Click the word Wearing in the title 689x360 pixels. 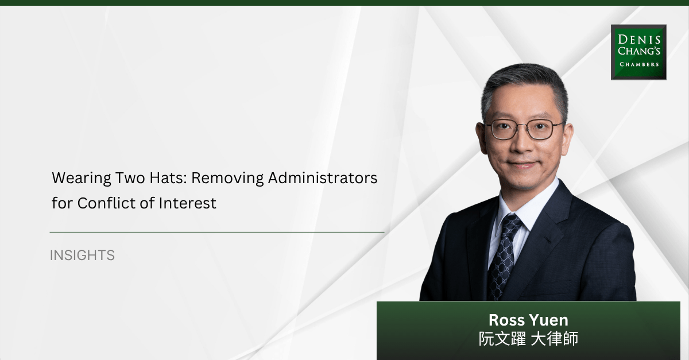81,179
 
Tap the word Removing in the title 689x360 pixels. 227,179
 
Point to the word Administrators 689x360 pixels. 323,178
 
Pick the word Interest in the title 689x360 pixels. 187,203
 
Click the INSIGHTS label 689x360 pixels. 82,256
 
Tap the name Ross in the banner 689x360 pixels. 506,320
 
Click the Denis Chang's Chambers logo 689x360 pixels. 638,52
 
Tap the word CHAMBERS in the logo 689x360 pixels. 639,64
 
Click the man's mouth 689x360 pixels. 522,165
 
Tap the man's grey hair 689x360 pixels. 525,86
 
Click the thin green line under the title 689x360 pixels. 217,232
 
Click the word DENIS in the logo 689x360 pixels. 639,40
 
